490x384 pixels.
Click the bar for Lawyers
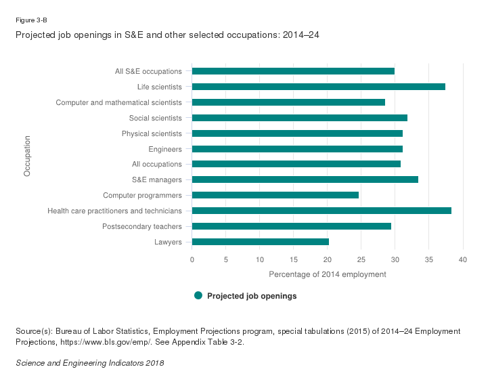coord(260,242)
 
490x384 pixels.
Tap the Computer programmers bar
coord(275,195)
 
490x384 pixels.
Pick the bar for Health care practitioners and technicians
coord(321,211)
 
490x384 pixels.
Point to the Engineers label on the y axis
coord(164,149)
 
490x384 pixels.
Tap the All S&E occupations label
coord(148,71)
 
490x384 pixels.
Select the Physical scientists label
coord(152,133)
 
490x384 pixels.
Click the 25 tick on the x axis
coord(361,259)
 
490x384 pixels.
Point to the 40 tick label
coord(463,259)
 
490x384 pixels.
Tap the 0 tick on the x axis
coord(192,259)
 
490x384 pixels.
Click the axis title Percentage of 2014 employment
coord(328,274)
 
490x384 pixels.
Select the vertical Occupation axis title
coord(27,156)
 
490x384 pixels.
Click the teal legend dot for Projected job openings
coord(198,295)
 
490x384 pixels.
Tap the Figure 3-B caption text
coord(31,20)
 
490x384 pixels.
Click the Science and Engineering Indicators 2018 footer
coord(89,363)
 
